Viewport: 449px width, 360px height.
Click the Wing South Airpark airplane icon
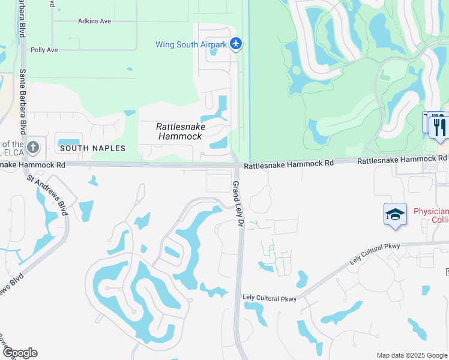[x=237, y=44]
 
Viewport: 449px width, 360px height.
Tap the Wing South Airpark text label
[x=191, y=44]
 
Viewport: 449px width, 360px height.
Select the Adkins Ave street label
[x=95, y=21]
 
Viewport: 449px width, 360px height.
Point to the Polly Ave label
[x=44, y=50]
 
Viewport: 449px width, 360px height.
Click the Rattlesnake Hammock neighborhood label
[x=181, y=131]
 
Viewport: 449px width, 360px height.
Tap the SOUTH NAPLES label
[x=92, y=148]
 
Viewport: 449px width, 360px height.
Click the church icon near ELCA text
[x=33, y=146]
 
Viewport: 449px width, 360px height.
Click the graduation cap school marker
[x=395, y=214]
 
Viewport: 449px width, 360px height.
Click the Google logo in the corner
[x=20, y=353]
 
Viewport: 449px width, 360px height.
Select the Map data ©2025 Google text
[x=411, y=355]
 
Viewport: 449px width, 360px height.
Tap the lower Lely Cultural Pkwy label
[x=270, y=298]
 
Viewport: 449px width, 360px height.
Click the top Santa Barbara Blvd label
[x=22, y=18]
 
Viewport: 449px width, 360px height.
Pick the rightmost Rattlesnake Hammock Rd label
[x=403, y=160]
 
